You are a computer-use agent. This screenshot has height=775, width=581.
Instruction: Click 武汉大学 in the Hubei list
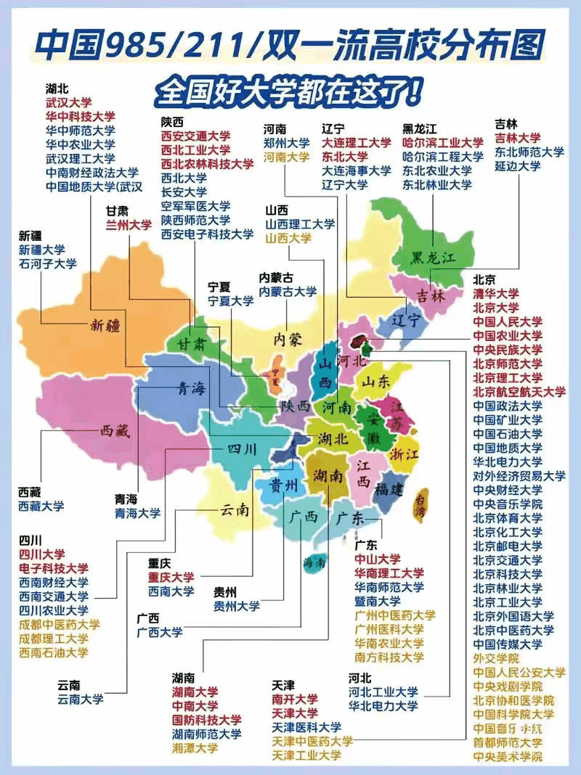(x=68, y=102)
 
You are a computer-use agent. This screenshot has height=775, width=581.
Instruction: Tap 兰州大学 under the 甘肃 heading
(x=129, y=225)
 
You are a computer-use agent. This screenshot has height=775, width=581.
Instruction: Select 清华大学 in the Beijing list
(x=496, y=293)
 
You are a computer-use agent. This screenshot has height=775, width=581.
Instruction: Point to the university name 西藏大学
(x=41, y=506)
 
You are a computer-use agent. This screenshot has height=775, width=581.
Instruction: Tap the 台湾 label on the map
(x=420, y=506)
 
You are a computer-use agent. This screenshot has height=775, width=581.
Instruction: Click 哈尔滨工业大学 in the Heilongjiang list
(x=442, y=143)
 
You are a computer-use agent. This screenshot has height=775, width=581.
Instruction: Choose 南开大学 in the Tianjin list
(x=295, y=700)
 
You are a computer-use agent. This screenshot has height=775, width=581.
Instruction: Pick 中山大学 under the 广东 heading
(x=377, y=559)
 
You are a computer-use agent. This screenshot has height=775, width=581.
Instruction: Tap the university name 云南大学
(x=80, y=700)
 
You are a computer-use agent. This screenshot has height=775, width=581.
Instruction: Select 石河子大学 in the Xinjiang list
(x=47, y=264)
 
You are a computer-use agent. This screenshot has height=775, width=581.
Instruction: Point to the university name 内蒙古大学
(x=288, y=292)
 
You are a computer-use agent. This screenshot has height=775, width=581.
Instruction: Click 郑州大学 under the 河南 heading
(x=286, y=143)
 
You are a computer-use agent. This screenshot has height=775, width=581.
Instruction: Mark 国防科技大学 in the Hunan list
(x=206, y=720)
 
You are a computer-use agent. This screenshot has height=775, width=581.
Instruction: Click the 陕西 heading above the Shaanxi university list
(x=172, y=121)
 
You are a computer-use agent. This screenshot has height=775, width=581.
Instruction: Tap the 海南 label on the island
(x=314, y=562)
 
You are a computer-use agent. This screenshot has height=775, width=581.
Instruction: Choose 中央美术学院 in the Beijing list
(x=508, y=756)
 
